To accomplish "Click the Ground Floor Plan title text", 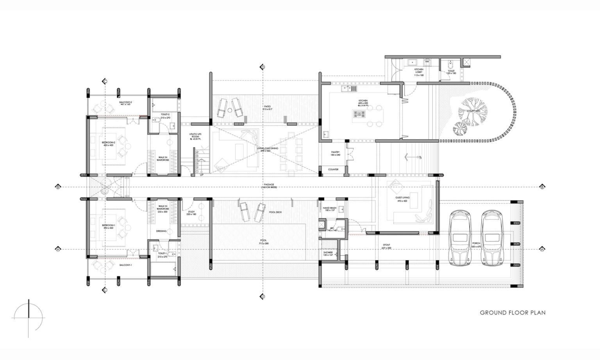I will coord(512,313).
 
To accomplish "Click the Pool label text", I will coord(263,242).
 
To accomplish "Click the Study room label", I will coord(191,213).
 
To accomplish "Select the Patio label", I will coord(267,107).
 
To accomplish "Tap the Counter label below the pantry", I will coord(333,170).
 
